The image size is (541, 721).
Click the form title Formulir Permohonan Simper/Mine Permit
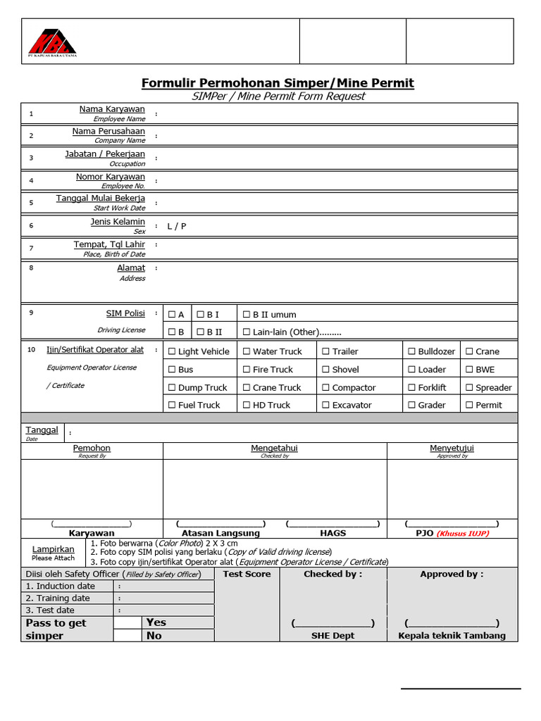(x=278, y=83)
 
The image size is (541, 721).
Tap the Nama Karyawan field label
(x=112, y=109)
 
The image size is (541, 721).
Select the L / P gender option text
(x=177, y=226)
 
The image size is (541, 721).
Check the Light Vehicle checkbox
(x=172, y=351)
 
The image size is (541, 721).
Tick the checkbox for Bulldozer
(x=411, y=351)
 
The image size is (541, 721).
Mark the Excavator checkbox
(x=326, y=405)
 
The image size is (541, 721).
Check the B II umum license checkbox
(x=247, y=315)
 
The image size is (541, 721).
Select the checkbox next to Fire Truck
(x=247, y=370)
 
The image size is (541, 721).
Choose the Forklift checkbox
(x=411, y=387)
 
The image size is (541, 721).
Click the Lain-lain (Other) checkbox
(x=247, y=332)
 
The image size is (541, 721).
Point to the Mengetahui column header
(x=275, y=448)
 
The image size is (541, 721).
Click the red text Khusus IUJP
(x=463, y=534)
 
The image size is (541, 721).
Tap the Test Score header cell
(x=247, y=575)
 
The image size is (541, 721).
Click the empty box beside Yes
(x=127, y=622)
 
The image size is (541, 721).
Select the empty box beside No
(x=127, y=636)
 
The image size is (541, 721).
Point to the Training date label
(x=63, y=598)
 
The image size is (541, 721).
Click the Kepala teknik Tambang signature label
(x=452, y=636)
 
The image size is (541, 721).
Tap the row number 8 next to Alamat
(x=31, y=268)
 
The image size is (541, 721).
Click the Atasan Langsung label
(x=220, y=534)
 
